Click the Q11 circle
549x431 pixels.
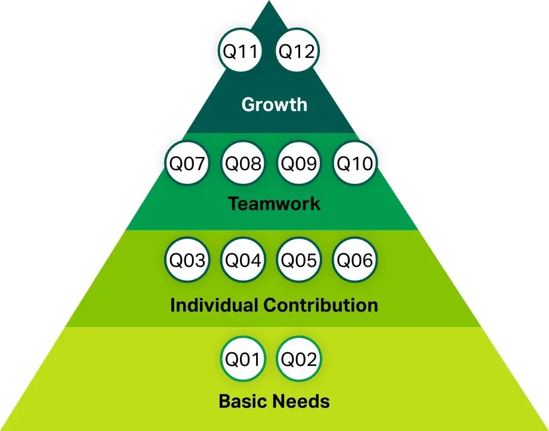(240, 51)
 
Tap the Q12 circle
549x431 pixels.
(297, 51)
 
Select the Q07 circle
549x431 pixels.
(187, 163)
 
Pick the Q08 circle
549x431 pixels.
(242, 163)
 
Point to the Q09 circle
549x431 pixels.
(300, 163)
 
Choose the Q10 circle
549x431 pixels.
(355, 163)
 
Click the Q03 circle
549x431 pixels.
(187, 260)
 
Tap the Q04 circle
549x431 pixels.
(242, 260)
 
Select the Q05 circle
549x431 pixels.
(300, 260)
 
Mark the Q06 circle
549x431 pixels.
(355, 260)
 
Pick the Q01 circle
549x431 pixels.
(242, 359)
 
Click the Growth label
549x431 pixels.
(274, 104)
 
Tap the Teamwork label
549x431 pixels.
(274, 204)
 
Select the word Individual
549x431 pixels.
(214, 305)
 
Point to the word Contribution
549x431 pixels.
(320, 305)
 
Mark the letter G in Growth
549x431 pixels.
(248, 104)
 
